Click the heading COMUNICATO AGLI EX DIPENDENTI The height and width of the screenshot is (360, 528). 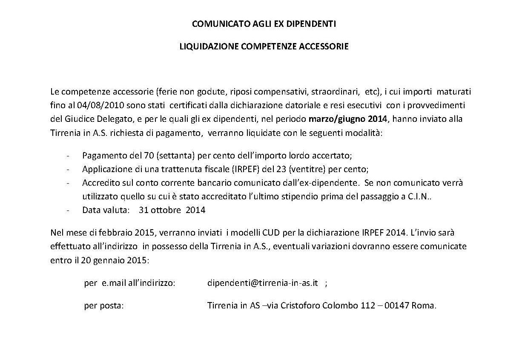[264, 24]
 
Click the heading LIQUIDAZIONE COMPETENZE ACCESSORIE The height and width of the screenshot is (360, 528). [264, 46]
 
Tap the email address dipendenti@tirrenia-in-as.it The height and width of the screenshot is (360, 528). [263, 283]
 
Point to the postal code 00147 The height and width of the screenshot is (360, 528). [396, 305]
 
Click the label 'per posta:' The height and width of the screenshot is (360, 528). [104, 305]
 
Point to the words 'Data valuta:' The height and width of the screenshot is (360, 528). [106, 210]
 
